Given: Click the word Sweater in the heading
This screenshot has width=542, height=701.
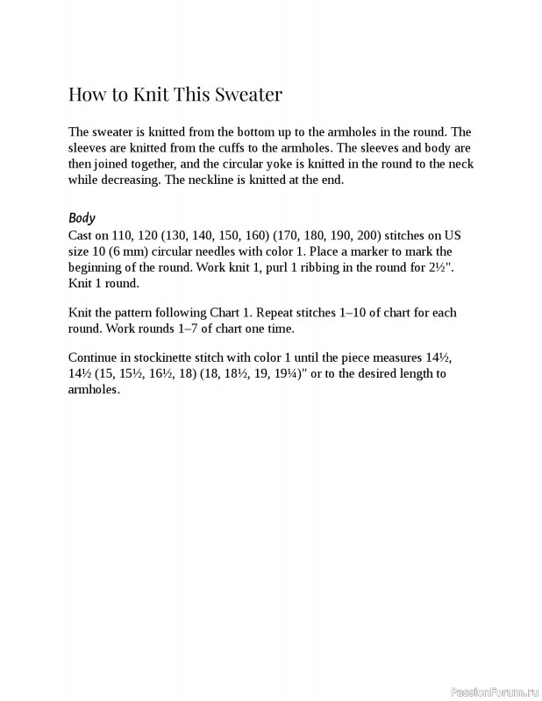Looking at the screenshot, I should click(250, 94).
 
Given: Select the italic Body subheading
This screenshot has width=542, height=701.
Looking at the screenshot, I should click(82, 218).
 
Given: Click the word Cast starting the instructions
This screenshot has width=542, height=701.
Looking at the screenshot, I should click(81, 237).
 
